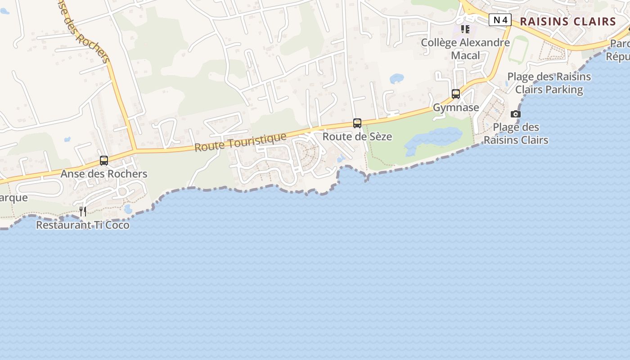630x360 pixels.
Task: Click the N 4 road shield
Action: point(500,20)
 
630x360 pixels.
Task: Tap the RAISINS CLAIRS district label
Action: point(568,21)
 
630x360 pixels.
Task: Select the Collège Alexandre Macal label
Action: point(465,49)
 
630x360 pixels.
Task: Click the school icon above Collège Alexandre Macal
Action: point(465,29)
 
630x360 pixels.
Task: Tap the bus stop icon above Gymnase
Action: point(456,94)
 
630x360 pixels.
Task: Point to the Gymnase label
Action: point(456,108)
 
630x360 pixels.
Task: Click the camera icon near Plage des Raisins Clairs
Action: point(516,114)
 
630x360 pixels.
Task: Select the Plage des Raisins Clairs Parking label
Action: point(549,83)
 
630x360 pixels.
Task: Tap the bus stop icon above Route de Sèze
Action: point(357,123)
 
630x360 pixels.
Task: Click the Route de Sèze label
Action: point(357,136)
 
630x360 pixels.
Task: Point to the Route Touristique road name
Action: point(240,142)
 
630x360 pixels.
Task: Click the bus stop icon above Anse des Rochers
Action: point(104,161)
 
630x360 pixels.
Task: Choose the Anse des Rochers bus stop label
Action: point(104,174)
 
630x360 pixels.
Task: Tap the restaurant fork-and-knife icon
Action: point(83,211)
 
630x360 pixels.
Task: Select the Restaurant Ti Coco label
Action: point(83,225)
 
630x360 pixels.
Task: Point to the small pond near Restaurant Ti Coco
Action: point(128,209)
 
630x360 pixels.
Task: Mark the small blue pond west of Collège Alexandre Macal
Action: point(396,79)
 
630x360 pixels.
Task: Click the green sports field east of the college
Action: point(518,49)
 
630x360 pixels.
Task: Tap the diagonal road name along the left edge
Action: point(85,31)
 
